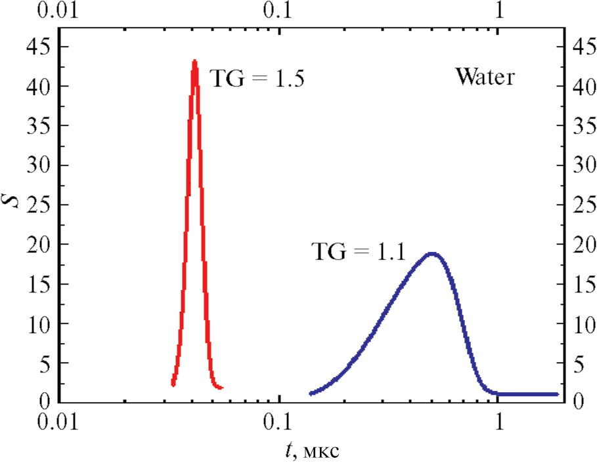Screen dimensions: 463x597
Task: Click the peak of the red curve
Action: click(x=194, y=62)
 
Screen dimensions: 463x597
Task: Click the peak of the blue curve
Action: click(x=431, y=253)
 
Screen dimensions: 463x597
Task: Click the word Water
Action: click(x=485, y=77)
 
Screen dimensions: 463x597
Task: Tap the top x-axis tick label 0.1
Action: click(x=278, y=12)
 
